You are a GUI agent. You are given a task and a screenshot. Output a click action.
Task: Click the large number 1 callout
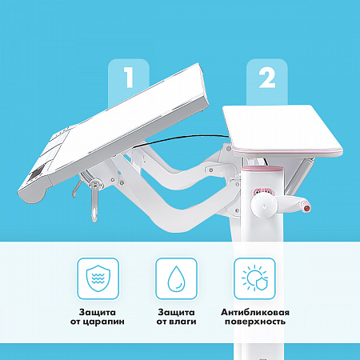point(129,78)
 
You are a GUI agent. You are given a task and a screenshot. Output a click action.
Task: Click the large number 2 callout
point(267,78)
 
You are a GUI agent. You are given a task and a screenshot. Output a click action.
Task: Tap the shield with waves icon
point(98,278)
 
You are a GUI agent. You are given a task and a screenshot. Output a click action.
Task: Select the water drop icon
point(176,278)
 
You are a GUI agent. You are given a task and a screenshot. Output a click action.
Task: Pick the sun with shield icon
point(254,278)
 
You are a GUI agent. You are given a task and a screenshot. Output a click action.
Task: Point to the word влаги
point(183,322)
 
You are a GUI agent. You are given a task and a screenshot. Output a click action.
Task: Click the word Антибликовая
point(255,312)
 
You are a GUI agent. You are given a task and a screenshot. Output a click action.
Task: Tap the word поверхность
point(255,322)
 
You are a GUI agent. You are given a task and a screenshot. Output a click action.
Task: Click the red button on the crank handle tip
point(306,207)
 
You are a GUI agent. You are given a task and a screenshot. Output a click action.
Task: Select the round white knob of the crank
point(264,206)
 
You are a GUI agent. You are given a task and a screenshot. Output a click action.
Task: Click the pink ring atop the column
point(263,169)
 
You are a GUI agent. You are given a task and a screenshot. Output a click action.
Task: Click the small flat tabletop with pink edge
point(282,130)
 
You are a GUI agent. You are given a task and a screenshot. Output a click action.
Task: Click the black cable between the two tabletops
point(182,138)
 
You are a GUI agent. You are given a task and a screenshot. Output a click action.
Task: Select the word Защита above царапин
point(98,312)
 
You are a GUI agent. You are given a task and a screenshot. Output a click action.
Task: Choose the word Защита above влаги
point(176,312)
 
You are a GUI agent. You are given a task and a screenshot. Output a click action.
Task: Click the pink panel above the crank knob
point(263,191)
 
